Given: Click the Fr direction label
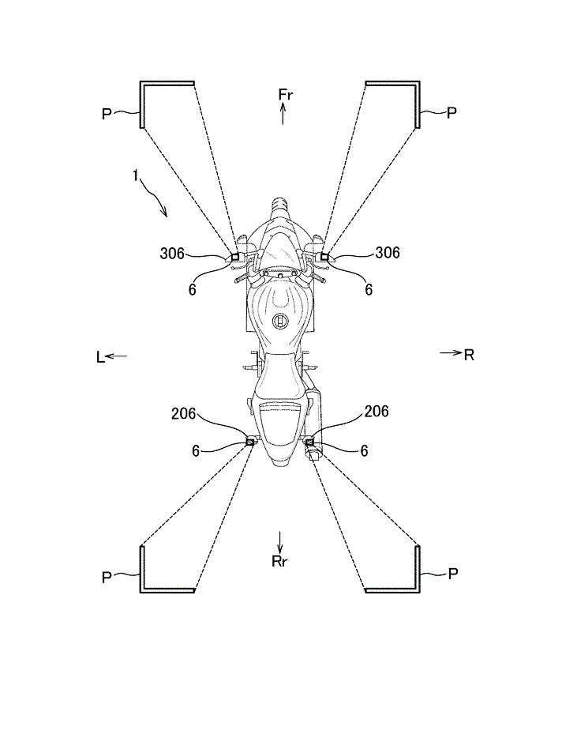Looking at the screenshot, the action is coord(286,95).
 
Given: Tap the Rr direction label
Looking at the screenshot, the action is coord(279,561).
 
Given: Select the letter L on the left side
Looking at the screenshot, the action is coord(100,357).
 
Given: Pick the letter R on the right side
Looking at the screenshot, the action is coord(469,355).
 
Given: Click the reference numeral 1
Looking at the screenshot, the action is coord(136,176).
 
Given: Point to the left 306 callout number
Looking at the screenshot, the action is coord(172,253).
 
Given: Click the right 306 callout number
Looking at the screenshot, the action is coord(388,253).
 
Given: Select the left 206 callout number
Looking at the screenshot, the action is coord(183,414).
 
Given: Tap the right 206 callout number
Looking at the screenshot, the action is coord(377,412).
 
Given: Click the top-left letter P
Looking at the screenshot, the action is coord(107,114).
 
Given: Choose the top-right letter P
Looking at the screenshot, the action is coord(451,113).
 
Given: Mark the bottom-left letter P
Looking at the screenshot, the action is coord(107,578).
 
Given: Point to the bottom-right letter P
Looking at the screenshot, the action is coord(453,574).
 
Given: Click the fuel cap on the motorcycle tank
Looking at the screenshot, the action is coord(280,322).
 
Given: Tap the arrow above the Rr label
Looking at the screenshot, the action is coord(279,542).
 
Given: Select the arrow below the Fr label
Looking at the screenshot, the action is coord(283,115).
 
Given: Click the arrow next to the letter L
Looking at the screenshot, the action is coord(116,356).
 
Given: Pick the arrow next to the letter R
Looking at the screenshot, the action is coord(451,352).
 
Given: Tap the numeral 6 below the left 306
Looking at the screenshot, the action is coord(192,289).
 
